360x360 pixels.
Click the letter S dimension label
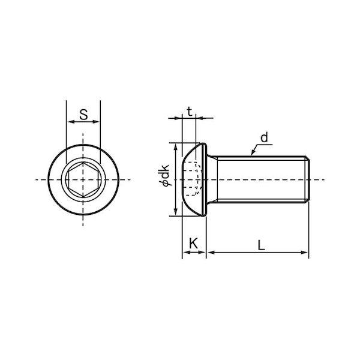pos(83,115)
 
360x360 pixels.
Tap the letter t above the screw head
pos(190,112)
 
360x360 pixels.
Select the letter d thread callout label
pos(264,137)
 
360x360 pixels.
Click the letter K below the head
pos(193,244)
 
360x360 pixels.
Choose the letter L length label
pos(261,245)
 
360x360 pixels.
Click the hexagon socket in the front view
pos(83,179)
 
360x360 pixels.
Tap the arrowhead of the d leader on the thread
pos(253,152)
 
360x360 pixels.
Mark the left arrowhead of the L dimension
pos(211,253)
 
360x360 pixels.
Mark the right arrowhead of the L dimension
pos(304,253)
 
